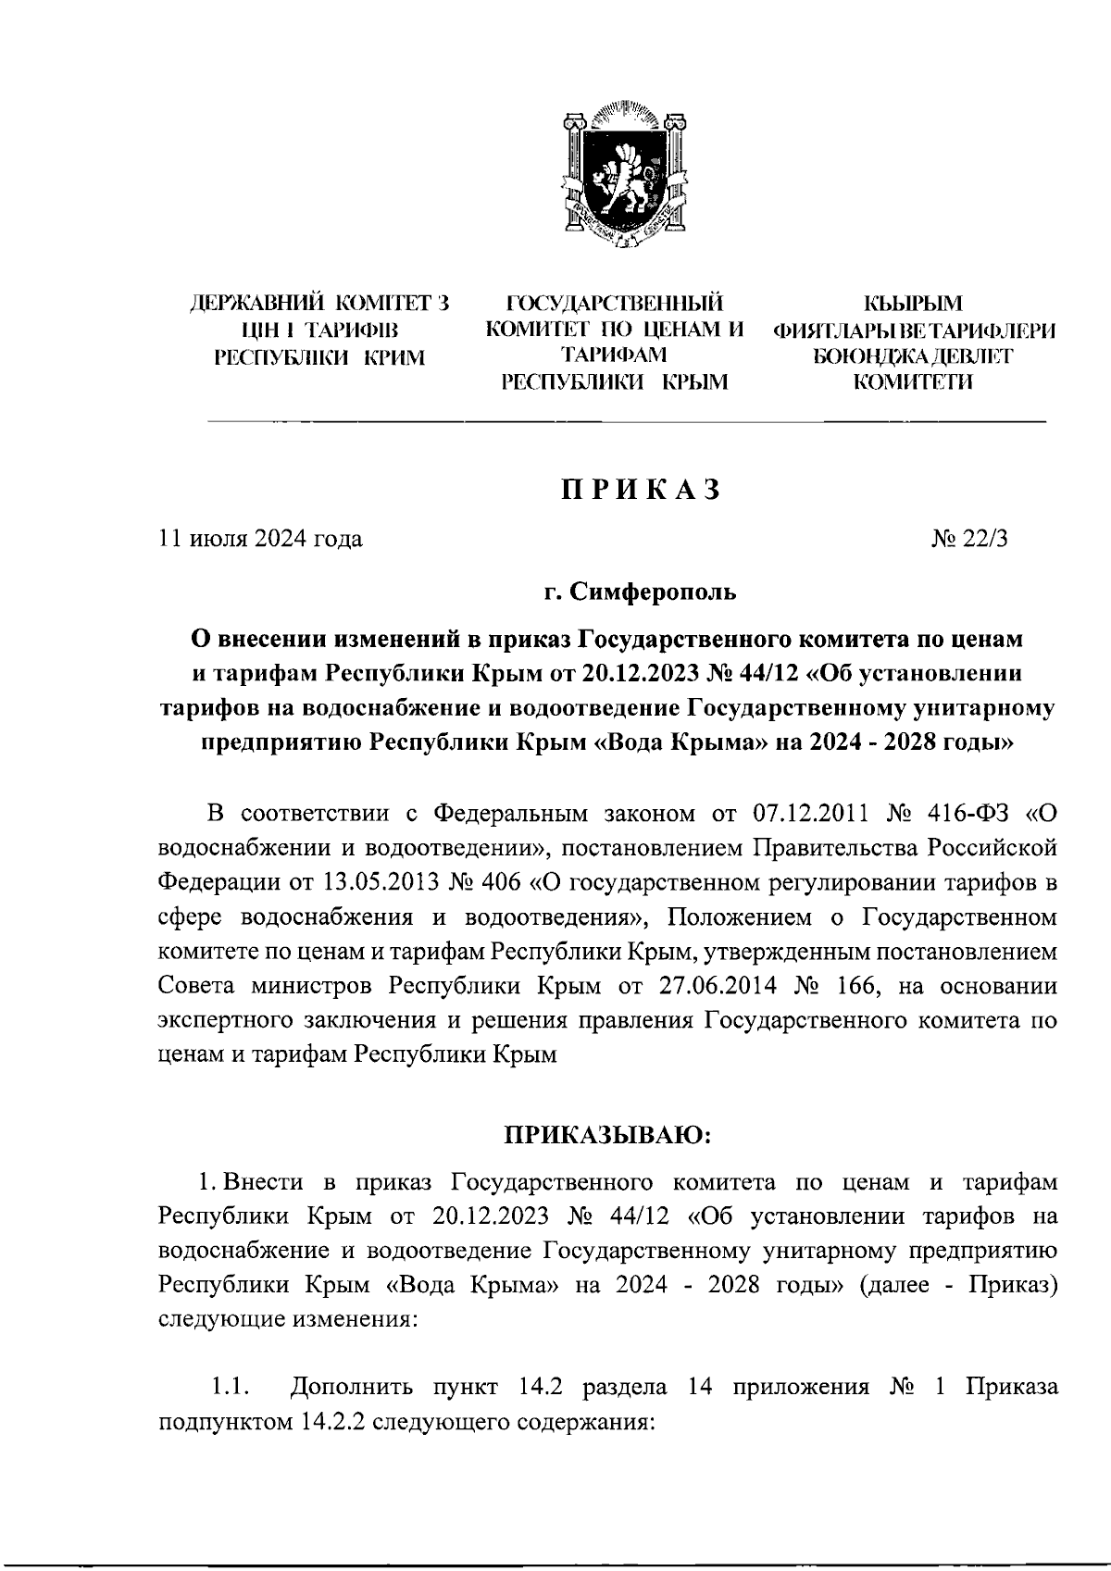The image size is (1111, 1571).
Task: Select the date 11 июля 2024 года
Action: pyautogui.click(x=261, y=539)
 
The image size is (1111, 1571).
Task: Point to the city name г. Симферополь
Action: pyautogui.click(x=640, y=591)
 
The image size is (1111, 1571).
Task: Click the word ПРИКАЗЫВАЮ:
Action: pyautogui.click(x=606, y=1133)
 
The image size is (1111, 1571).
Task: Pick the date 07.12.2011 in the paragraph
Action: pyautogui.click(x=809, y=814)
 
